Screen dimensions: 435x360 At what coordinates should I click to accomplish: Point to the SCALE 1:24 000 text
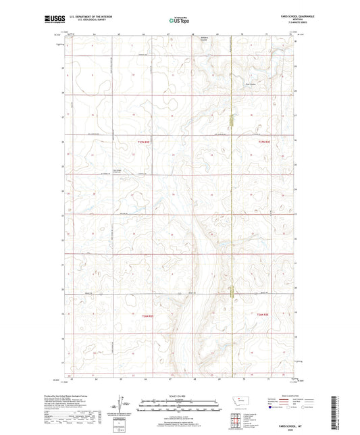(x=179, y=396)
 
